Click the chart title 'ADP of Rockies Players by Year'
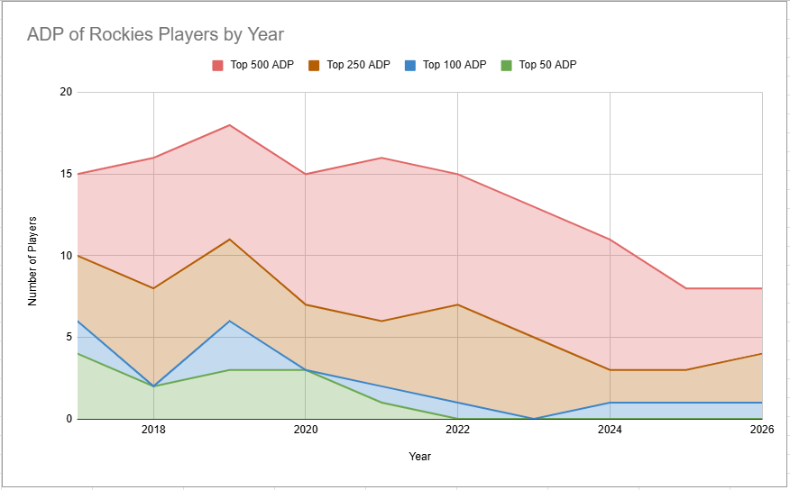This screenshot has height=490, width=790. pyautogui.click(x=155, y=35)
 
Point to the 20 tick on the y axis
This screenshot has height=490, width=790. pyautogui.click(x=66, y=92)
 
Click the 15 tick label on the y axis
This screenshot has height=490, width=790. pyautogui.click(x=66, y=174)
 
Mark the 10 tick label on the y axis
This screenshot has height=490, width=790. pyautogui.click(x=66, y=256)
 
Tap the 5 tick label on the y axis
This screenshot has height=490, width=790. pyautogui.click(x=69, y=338)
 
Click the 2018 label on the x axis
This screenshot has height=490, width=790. pyautogui.click(x=153, y=431)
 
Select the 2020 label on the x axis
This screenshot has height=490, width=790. pyautogui.click(x=306, y=431)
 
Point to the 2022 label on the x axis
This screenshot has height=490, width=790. pyautogui.click(x=458, y=431)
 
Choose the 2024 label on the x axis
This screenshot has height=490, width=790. pyautogui.click(x=611, y=431)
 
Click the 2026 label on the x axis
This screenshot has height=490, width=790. pyautogui.click(x=762, y=431)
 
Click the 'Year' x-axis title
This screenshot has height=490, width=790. pyautogui.click(x=419, y=457)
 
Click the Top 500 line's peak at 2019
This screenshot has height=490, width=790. pyautogui.click(x=230, y=124)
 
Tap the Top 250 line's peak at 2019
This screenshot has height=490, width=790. pyautogui.click(x=230, y=239)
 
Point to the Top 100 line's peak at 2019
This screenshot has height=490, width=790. pyautogui.click(x=230, y=321)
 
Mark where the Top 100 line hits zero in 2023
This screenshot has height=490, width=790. pyautogui.click(x=534, y=419)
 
